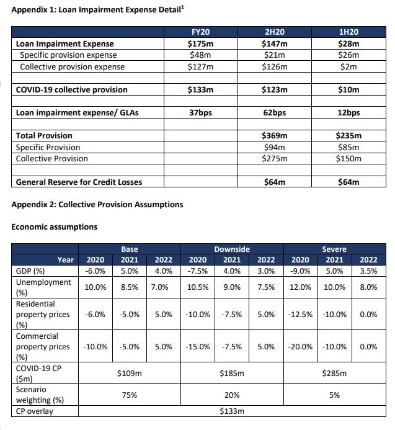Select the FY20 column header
tap(200, 32)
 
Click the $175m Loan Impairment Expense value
tap(200, 44)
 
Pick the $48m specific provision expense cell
tap(200, 55)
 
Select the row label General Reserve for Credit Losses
tap(78, 182)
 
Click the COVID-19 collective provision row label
tap(71, 90)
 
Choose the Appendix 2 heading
tap(97, 204)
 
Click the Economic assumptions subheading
tap(54, 227)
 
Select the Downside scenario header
tap(231, 249)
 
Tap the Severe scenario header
tap(334, 249)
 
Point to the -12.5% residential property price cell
tap(300, 315)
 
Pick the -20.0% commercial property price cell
tap(300, 347)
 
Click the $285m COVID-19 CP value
tap(334, 374)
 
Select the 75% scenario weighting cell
tap(129, 395)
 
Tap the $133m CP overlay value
tap(231, 411)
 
